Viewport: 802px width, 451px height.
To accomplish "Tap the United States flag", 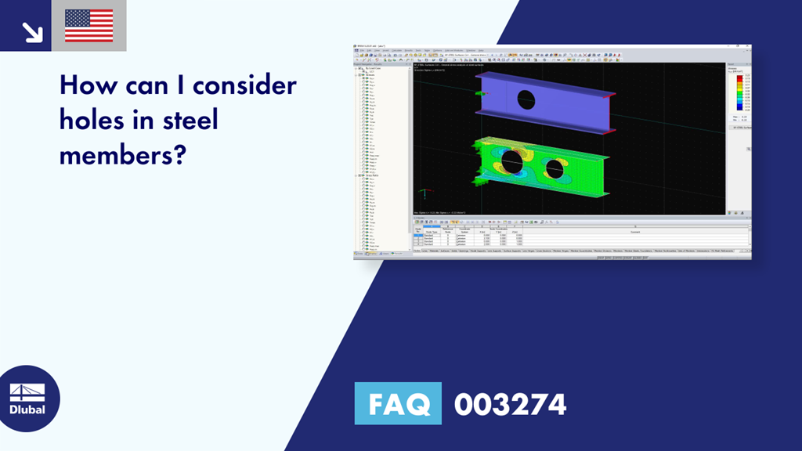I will coord(89,26).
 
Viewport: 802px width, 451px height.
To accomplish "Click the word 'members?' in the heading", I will coord(122,155).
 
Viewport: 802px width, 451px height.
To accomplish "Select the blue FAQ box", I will coord(398,404).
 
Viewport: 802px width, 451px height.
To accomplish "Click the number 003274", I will coord(510,404).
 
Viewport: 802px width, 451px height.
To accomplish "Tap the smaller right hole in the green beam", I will coord(555,168).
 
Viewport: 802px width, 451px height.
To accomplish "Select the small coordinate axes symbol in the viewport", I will coord(423,193).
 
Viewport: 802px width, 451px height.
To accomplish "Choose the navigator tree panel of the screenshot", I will coord(382,157).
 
